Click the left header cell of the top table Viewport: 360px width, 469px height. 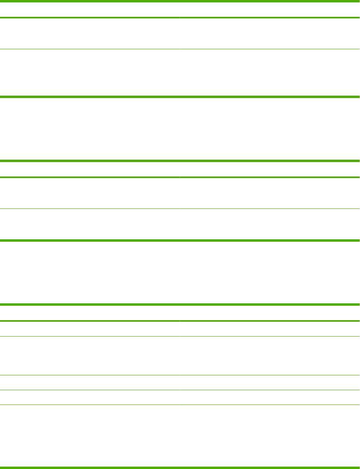[90, 10]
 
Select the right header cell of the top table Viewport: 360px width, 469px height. [270, 10]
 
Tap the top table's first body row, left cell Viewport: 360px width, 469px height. [90, 34]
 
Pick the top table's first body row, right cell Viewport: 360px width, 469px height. [270, 34]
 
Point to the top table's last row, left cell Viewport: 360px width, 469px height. [90, 72]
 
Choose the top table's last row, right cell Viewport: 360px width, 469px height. [270, 72]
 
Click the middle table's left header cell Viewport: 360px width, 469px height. [90, 169]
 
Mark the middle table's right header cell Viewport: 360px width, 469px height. [270, 169]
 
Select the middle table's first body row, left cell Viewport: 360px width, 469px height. [90, 193]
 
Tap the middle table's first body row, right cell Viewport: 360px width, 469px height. [270, 193]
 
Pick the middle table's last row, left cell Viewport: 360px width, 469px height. [90, 224]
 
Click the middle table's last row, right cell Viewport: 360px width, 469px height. [270, 224]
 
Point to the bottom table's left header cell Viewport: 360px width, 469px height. [90, 313]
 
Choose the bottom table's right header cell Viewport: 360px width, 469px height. [270, 313]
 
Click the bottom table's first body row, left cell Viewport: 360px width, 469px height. [90, 329]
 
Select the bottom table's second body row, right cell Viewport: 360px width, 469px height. [270, 355]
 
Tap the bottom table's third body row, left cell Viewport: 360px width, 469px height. [90, 382]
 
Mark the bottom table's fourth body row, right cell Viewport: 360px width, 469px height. [270, 397]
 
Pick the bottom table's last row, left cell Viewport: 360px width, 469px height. [90, 436]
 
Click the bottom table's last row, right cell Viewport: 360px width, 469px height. [270, 436]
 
